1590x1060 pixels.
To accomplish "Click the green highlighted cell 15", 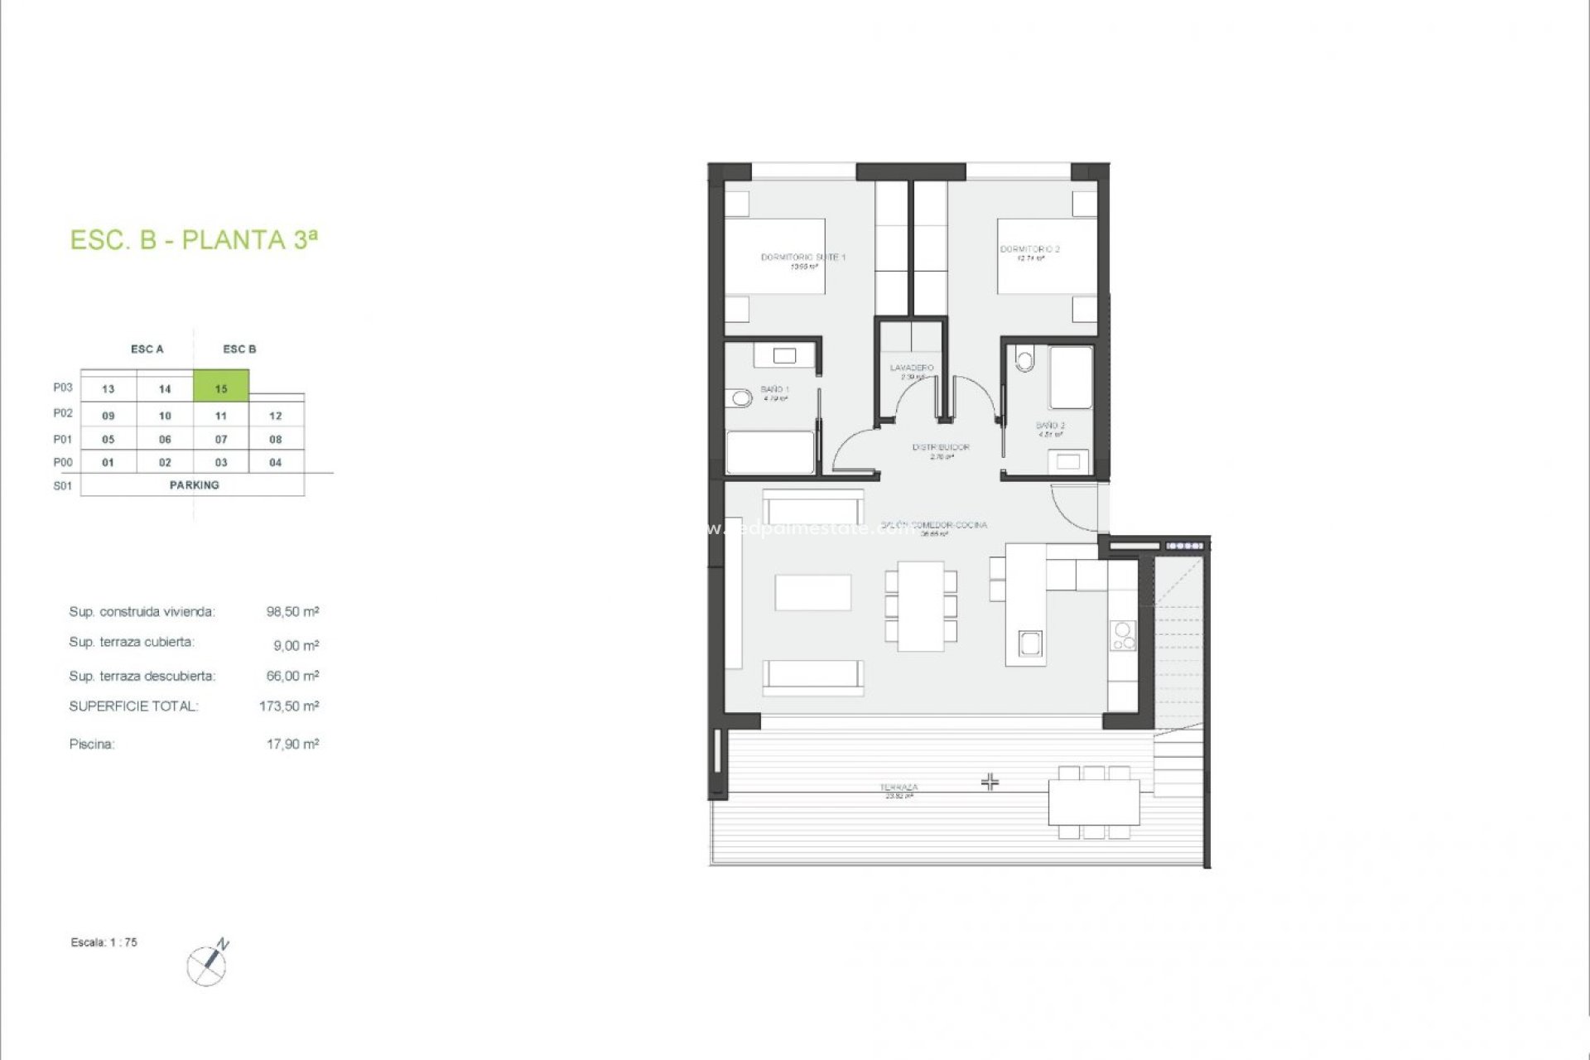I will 221,388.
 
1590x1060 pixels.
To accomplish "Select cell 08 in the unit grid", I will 276,440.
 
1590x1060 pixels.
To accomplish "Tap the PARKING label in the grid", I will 194,485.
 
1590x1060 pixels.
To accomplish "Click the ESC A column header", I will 147,349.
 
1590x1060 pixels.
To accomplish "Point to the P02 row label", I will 63,413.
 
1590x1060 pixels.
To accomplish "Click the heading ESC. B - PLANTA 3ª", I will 194,240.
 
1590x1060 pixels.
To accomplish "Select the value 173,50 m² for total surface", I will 288,706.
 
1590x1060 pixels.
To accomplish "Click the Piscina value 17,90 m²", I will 291,744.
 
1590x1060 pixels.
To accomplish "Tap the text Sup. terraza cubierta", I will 132,643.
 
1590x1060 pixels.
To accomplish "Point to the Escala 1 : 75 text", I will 104,942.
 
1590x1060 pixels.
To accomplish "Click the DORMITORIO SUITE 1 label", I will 802,258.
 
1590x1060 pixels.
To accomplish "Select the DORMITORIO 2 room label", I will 1029,249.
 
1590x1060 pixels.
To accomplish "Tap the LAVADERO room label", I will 912,368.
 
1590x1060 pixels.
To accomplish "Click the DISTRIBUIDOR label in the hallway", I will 941,447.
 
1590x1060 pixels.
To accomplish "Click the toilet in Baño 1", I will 740,399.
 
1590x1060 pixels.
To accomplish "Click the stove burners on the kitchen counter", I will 1123,636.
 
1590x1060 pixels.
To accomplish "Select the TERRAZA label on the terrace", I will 899,788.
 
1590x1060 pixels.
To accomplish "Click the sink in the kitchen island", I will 1029,643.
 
